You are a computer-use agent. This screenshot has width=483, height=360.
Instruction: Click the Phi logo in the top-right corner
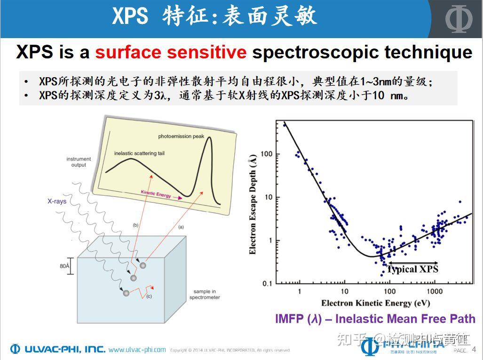tap(459, 19)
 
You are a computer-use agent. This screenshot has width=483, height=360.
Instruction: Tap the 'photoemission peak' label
tap(181, 136)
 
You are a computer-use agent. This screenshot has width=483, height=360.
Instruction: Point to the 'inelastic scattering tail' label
tap(139, 153)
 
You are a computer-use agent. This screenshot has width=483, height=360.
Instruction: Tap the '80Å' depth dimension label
tap(65, 266)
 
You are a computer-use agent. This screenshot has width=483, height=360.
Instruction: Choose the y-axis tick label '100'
tap(266, 154)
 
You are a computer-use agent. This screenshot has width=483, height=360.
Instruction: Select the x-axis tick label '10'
tap(344, 292)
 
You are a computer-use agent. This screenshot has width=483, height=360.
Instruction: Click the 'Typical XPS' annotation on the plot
tap(412, 269)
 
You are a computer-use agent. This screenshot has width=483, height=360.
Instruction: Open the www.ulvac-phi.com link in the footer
tap(137, 350)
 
